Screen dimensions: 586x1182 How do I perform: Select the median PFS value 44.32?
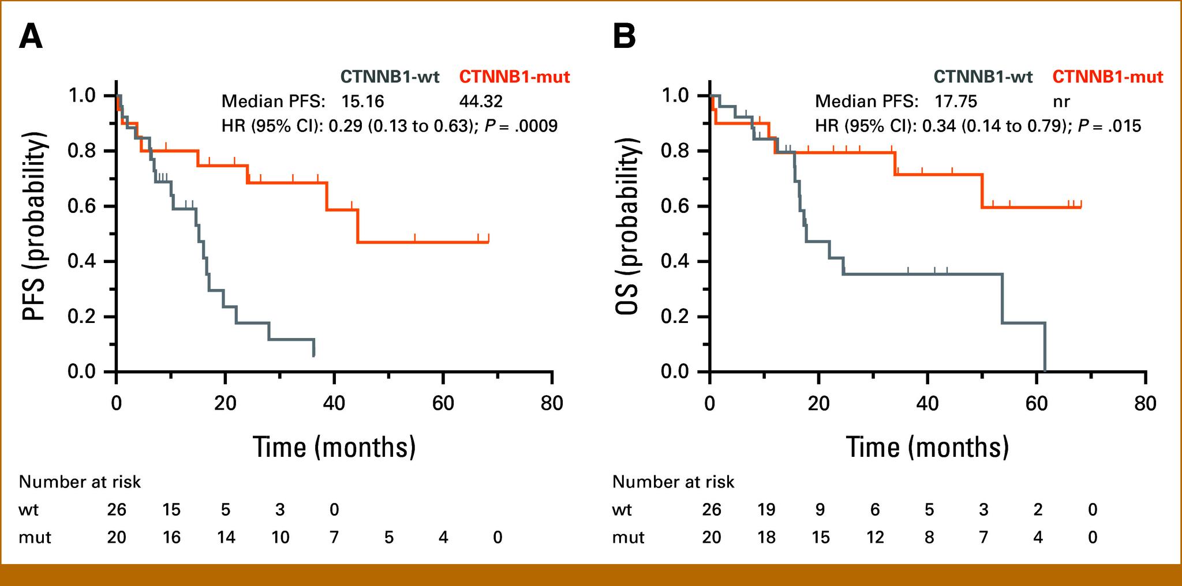coord(481,102)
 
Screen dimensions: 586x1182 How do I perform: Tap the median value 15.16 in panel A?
coord(362,102)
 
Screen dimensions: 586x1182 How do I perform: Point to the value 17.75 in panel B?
coord(956,102)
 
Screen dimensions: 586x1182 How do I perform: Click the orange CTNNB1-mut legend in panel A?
coord(514,77)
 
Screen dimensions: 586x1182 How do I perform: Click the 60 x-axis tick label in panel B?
coord(1037,403)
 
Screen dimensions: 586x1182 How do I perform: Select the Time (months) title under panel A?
coord(334,446)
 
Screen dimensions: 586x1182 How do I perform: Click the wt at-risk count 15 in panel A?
coord(171,510)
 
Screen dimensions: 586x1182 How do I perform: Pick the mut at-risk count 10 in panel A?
coord(280,538)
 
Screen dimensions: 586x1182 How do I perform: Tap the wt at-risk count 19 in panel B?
coord(765,510)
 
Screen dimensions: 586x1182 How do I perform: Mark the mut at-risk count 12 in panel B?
coord(874,538)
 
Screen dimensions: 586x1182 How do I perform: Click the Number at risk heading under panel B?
coord(673,482)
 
